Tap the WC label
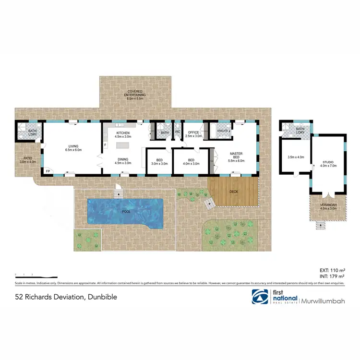[x=177, y=132]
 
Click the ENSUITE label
[x=223, y=131]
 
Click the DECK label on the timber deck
[x=234, y=191]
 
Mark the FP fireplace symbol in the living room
[x=48, y=171]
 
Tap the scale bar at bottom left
[x=36, y=277]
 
